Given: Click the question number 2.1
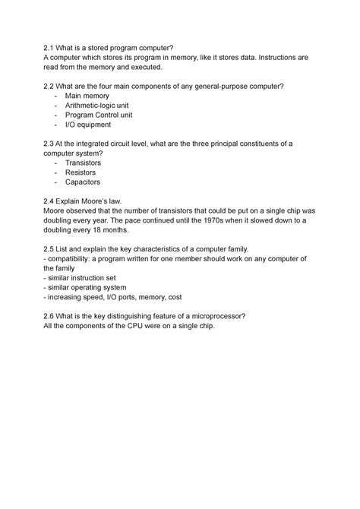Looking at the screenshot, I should pos(51,48).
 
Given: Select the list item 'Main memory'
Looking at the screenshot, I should pos(87,96).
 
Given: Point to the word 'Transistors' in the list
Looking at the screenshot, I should pos(83,163).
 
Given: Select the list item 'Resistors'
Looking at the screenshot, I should pos(81,173).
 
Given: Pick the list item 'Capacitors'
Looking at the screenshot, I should pos(83,182).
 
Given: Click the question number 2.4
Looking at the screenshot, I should pos(51,201).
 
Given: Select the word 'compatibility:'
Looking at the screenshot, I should pos(74,259).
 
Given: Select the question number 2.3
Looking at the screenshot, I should pos(51,144).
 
